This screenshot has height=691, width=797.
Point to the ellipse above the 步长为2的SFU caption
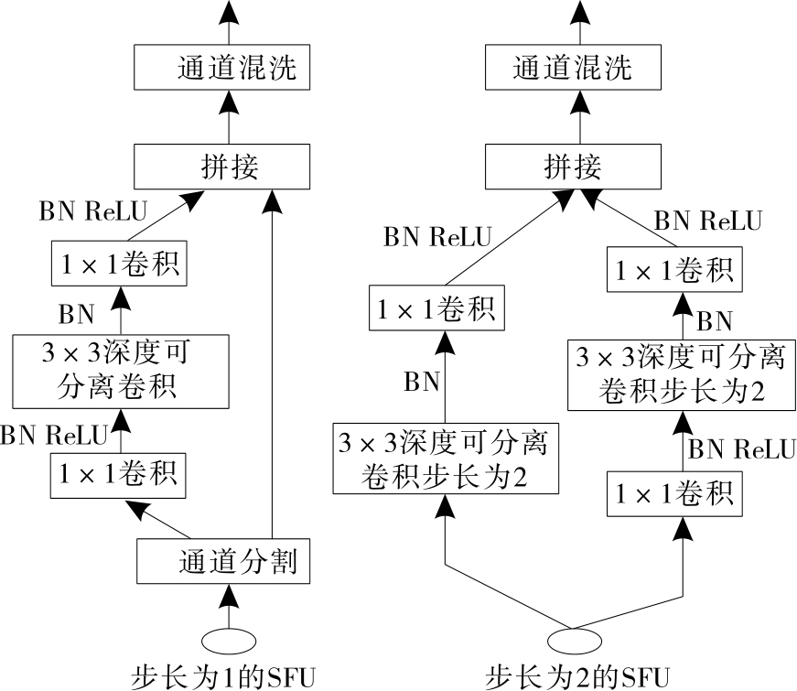tap(573, 637)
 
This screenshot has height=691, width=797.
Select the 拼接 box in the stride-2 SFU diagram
tap(573, 166)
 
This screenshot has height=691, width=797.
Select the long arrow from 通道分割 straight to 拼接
tap(272, 366)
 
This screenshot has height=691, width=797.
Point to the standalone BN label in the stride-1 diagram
tap(76, 314)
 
